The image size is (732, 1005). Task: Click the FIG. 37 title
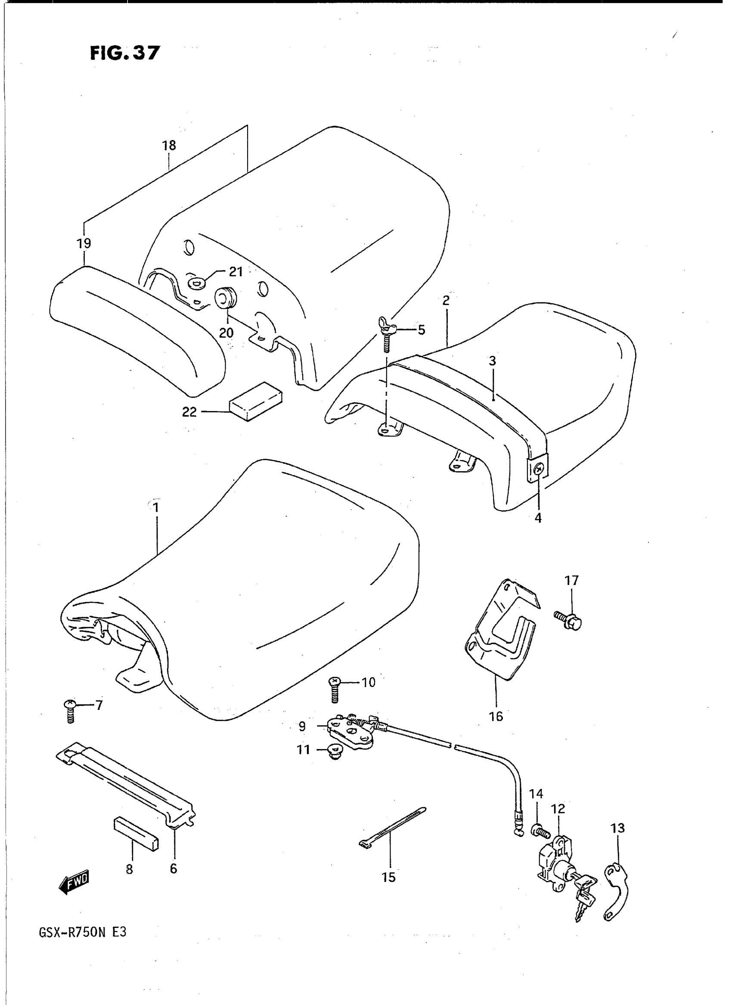click(124, 53)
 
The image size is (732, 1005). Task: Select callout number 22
click(189, 412)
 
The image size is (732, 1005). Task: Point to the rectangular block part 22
click(255, 401)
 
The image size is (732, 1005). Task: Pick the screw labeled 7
click(70, 711)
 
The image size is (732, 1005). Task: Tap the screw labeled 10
click(335, 690)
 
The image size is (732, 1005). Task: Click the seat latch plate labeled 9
click(350, 732)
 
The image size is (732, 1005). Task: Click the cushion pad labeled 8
click(136, 836)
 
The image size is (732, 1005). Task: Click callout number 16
click(496, 716)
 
